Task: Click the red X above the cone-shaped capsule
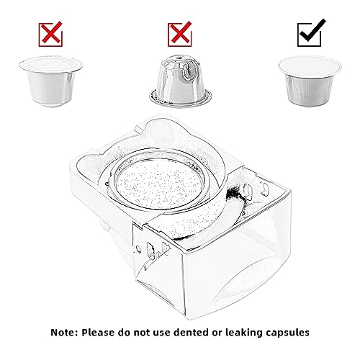pyautogui.click(x=180, y=35)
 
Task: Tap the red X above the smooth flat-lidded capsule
pyautogui.click(x=50, y=35)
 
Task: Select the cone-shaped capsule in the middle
pyautogui.click(x=181, y=81)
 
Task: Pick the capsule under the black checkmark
pyautogui.click(x=310, y=81)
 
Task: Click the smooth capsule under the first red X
pyautogui.click(x=50, y=81)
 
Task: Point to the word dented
pyautogui.click(x=191, y=333)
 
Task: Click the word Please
pyautogui.click(x=98, y=333)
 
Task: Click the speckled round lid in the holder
pyautogui.click(x=159, y=184)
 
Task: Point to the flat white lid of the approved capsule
pyautogui.click(x=310, y=66)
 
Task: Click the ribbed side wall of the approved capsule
pyautogui.click(x=309, y=91)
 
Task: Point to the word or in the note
pyautogui.click(x=217, y=333)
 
